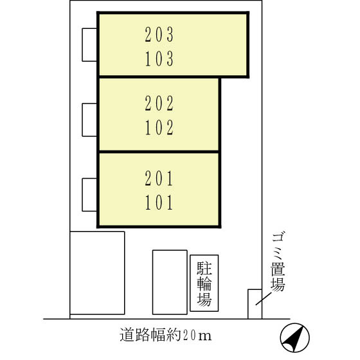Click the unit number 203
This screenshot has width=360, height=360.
160,34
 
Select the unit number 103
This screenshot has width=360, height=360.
160,59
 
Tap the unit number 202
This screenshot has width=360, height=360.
160,102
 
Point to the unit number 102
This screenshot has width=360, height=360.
160,128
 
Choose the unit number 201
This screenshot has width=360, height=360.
160,177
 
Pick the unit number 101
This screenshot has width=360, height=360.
160,203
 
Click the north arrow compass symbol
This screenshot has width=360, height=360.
295,336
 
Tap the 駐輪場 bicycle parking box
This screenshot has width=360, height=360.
204,283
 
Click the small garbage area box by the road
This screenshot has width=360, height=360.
255,303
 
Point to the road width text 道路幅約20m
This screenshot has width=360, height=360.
165,336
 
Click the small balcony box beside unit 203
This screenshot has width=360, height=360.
89,44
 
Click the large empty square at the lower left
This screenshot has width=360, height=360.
97,273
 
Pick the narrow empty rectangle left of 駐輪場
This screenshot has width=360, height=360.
169,282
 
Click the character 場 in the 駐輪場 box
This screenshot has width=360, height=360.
204,299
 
